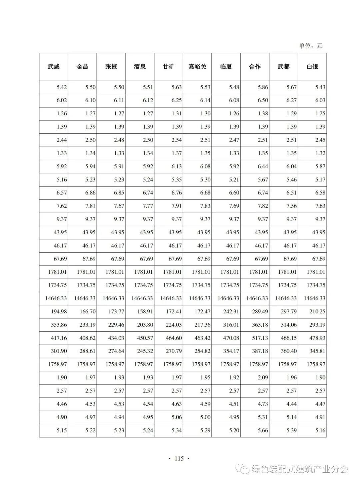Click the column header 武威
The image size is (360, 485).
tap(54, 67)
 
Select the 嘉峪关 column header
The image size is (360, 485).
tap(197, 67)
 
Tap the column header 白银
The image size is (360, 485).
tap(312, 67)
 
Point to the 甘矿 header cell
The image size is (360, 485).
tap(168, 67)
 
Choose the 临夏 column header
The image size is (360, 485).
tap(226, 67)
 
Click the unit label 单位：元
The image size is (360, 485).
tap(310, 46)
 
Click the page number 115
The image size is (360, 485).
tap(179, 458)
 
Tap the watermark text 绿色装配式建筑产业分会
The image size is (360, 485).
tap(300, 469)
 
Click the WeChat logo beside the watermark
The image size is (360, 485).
tap(243, 469)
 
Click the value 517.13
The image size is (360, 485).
tap(260, 338)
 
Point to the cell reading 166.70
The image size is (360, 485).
tap(87, 311)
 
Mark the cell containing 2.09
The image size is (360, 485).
tap(263, 377)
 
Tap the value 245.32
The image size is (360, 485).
tap(145, 351)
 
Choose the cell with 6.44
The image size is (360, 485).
tap(263, 166)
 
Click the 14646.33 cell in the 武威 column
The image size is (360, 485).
tap(56, 298)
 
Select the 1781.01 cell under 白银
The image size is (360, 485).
tap(316, 272)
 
